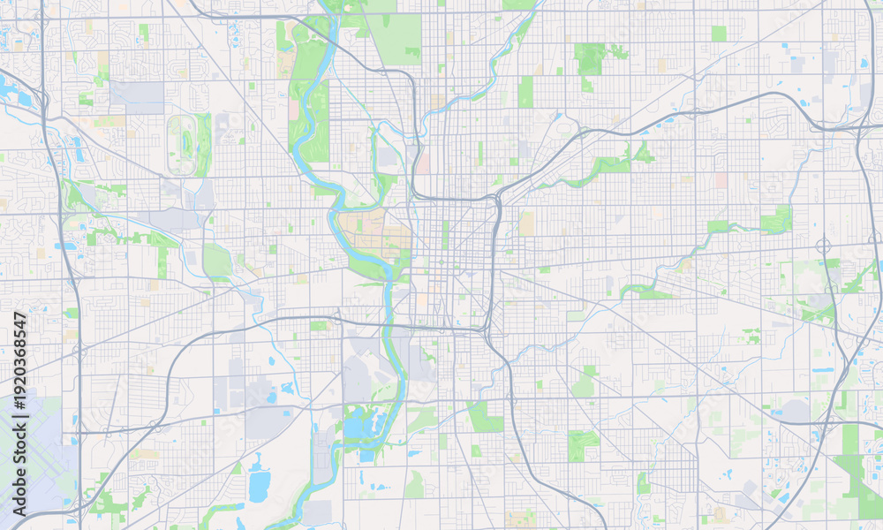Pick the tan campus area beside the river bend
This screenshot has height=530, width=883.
(375, 231)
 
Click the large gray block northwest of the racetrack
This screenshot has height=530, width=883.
(137, 96)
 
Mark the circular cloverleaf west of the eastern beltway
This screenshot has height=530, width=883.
(823, 245)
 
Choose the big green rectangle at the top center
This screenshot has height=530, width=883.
(395, 37)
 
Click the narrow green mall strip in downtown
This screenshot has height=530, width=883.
(445, 234)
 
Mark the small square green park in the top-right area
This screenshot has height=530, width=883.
(719, 34)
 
